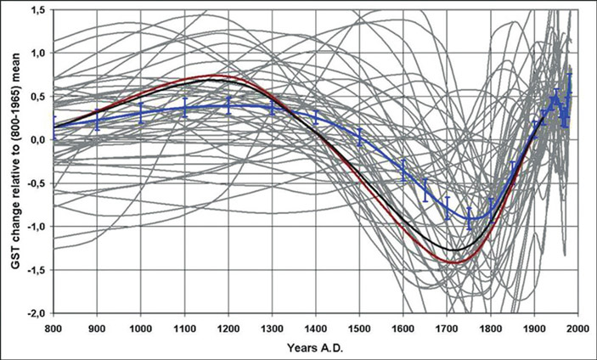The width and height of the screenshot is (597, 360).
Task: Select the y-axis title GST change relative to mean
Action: pyautogui.click(x=14, y=161)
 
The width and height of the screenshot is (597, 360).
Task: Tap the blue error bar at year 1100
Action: pyautogui.click(x=185, y=107)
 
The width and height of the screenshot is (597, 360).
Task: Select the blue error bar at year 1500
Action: pyautogui.click(x=360, y=137)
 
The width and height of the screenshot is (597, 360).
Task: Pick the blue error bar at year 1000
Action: pyautogui.click(x=141, y=112)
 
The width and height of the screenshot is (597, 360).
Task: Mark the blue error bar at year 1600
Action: pyautogui.click(x=404, y=171)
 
